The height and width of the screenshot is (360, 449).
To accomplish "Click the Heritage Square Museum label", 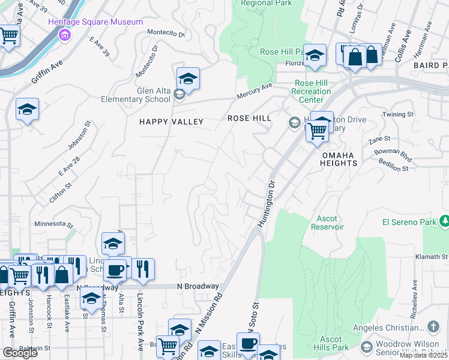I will pyautogui.click(x=95, y=22).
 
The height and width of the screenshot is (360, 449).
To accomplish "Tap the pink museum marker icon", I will pyautogui.click(x=64, y=35).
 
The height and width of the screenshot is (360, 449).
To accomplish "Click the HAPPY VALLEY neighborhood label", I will pyautogui.click(x=172, y=122).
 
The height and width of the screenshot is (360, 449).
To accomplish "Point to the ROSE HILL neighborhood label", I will pyautogui.click(x=249, y=119).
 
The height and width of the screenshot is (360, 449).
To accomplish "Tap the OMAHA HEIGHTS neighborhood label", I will pyautogui.click(x=346, y=159).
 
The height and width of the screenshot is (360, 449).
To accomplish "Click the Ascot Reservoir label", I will pyautogui.click(x=327, y=223).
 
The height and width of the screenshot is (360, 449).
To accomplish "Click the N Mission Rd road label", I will pyautogui.click(x=211, y=306).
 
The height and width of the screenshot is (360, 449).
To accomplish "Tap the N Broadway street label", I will pyautogui.click(x=197, y=286).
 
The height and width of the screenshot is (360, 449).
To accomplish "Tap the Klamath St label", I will pyautogui.click(x=432, y=256).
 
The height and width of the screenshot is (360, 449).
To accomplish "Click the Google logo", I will pyautogui.click(x=20, y=353).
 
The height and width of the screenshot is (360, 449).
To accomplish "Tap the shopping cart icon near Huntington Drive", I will pyautogui.click(x=317, y=130).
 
